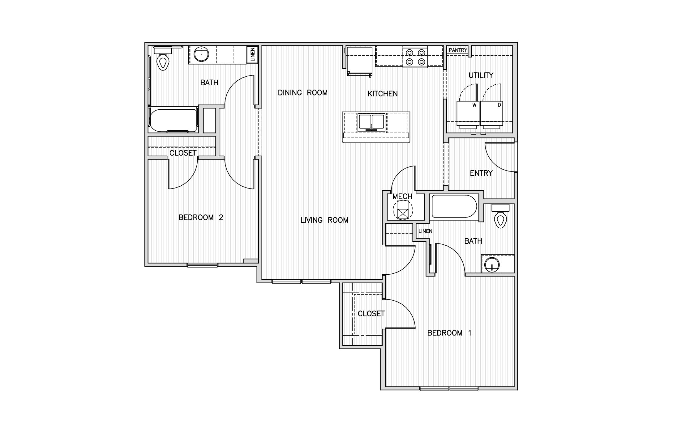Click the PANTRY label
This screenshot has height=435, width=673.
tap(458, 50)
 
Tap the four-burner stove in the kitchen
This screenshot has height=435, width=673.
tap(415, 57)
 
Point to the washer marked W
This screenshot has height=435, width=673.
tap(468, 113)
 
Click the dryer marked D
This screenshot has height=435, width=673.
tap(492, 113)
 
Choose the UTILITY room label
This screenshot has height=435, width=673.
tap(481, 75)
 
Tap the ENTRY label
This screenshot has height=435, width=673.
tap(481, 173)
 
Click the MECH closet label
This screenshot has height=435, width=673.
tap(402, 196)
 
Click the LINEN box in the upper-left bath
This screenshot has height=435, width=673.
tap(252, 55)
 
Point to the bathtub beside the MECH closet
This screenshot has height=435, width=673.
tap(454, 206)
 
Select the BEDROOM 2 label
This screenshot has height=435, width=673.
tap(201, 217)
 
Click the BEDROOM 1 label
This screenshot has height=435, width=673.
tap(449, 333)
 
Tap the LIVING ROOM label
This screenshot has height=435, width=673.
tap(324, 220)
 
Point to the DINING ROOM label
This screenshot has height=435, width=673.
tap(302, 93)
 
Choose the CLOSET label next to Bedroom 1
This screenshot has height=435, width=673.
tap(371, 314)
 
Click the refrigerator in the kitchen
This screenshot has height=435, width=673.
tap(359, 61)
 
